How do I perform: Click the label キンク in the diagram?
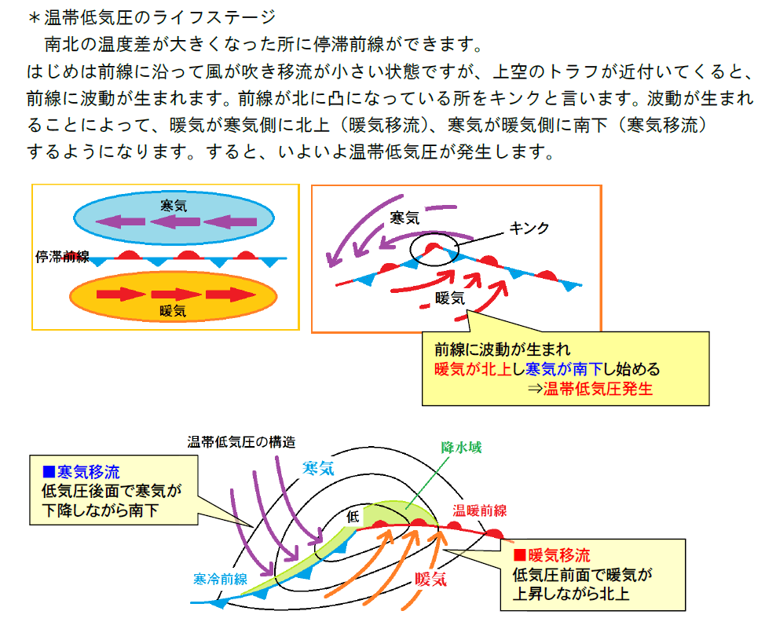[x=529, y=229]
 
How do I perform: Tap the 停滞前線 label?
[x=62, y=257]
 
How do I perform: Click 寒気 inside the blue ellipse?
[x=173, y=206]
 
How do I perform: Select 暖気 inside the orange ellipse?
[x=173, y=310]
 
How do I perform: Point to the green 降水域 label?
[x=460, y=448]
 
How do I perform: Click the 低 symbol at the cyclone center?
[x=353, y=516]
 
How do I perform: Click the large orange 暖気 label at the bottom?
[x=430, y=580]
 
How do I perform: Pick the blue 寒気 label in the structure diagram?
[x=318, y=468]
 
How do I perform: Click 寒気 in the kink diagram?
[x=404, y=218]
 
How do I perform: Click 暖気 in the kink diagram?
[x=450, y=298]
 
